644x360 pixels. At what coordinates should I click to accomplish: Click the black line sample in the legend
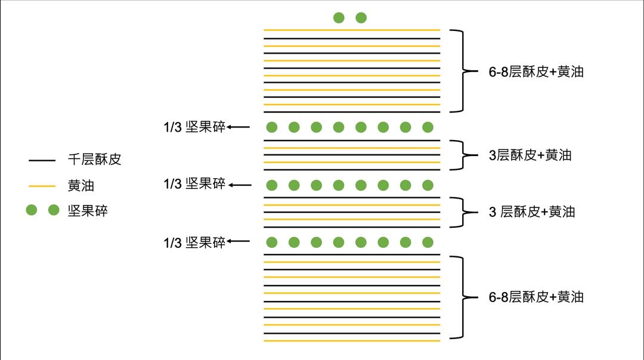point(42,160)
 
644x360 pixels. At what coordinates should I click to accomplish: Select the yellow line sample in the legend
point(42,186)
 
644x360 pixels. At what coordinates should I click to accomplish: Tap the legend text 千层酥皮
point(94,160)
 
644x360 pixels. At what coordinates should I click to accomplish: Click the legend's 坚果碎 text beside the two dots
point(88,210)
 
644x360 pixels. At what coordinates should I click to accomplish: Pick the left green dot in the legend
point(32,210)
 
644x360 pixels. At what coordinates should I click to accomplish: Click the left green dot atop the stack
point(339,18)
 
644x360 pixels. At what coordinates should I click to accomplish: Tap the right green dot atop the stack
point(361,18)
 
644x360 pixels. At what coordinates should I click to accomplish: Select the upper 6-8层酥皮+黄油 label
point(535,72)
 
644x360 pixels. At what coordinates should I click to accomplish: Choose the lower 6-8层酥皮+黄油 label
point(535,297)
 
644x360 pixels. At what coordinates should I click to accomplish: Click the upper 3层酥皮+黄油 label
point(530,155)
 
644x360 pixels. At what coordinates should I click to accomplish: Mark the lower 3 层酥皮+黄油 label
point(532,212)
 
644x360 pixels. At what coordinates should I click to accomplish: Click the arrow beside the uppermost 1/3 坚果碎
point(239,126)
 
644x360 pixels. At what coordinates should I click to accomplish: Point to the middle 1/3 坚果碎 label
point(194,184)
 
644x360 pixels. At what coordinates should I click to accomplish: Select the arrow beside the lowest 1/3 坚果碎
point(239,241)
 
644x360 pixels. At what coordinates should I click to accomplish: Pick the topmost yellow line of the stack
point(352,30)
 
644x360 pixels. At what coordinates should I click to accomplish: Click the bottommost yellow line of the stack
point(352,341)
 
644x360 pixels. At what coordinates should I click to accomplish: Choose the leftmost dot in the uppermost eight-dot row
point(272,127)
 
